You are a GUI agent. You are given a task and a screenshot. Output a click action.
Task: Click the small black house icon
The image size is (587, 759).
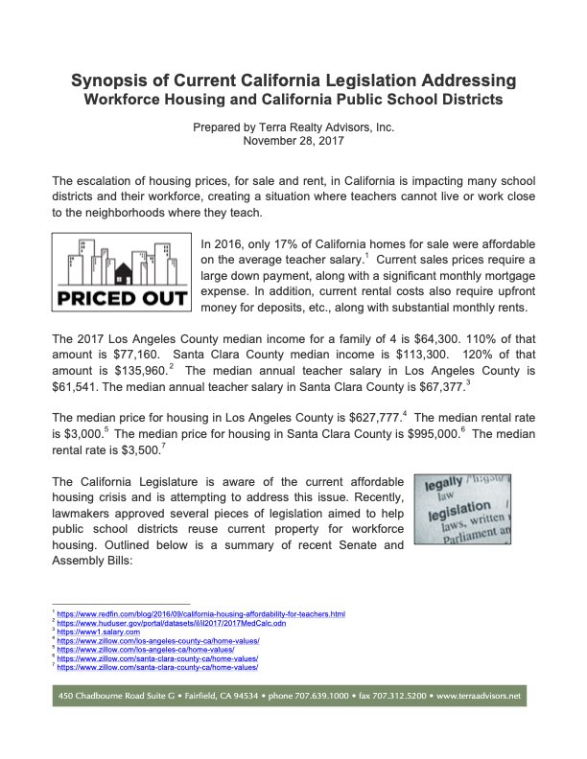click(x=123, y=269)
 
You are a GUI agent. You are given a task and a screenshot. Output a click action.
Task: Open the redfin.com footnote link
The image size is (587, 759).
click(x=201, y=612)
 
